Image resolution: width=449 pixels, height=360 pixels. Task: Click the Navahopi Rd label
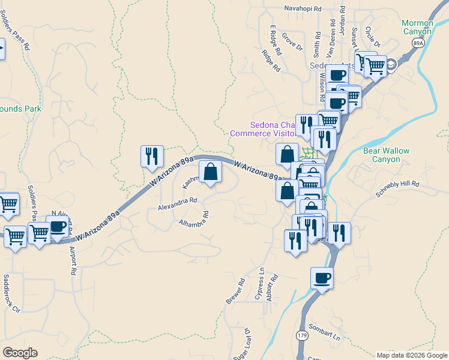coord(303,10)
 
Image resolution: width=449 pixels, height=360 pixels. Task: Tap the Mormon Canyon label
coord(417,27)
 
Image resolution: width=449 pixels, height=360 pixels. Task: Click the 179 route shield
coord(301,335)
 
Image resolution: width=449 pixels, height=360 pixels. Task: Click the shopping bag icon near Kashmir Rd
coord(210,172)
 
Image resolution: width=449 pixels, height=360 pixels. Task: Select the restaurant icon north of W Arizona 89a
coord(152,156)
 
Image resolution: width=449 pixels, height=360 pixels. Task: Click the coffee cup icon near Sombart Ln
coord(321,278)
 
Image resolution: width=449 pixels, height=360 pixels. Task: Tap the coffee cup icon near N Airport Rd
coord(58,226)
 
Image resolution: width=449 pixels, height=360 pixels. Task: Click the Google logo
coord(20,353)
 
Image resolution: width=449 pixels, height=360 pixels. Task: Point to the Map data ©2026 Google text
coord(412,355)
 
